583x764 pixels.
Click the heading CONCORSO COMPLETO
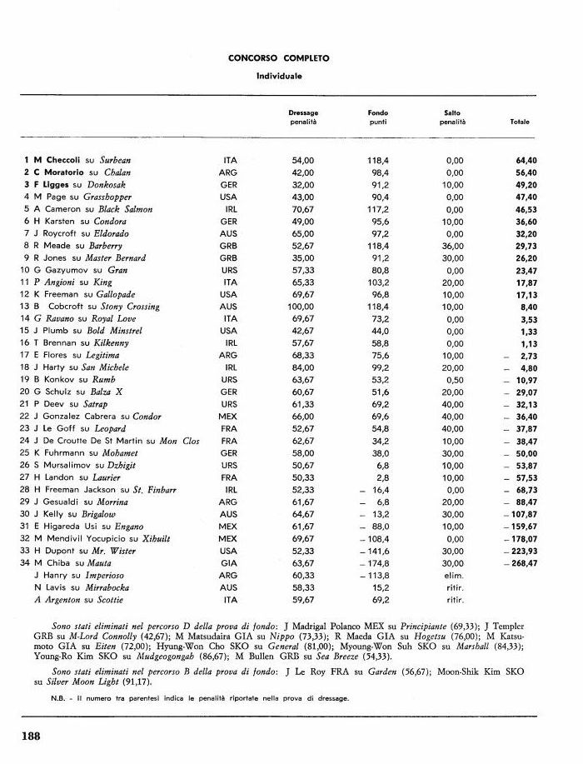pyautogui.click(x=278, y=58)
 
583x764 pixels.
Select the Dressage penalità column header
pyautogui.click(x=303, y=117)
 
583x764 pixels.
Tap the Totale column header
pyautogui.click(x=519, y=122)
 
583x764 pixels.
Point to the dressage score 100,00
pyautogui.click(x=301, y=307)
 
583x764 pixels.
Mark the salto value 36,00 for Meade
pyautogui.click(x=454, y=246)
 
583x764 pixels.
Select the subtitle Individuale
pyautogui.click(x=278, y=75)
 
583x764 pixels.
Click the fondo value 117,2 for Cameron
pyautogui.click(x=379, y=209)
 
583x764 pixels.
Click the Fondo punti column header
pyautogui.click(x=378, y=117)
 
